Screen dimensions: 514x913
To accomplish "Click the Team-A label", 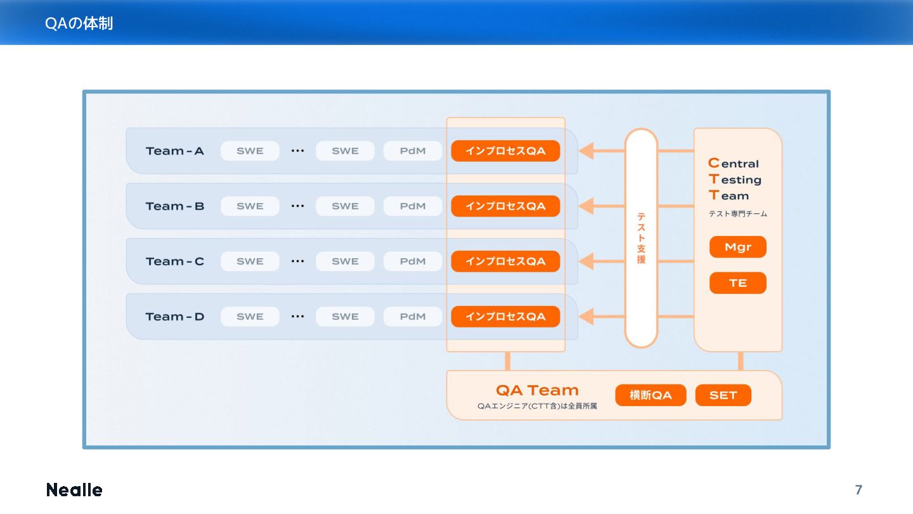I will (x=175, y=151).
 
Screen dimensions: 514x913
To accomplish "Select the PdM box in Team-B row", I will (x=413, y=206).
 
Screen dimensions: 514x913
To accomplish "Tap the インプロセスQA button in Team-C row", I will (x=505, y=261).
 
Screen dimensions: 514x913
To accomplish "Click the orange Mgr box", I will (x=737, y=247).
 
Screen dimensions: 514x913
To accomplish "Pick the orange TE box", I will (x=737, y=283).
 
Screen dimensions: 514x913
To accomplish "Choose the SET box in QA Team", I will (x=723, y=395).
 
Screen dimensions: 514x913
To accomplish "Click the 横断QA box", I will (x=651, y=395).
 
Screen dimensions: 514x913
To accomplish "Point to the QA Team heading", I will (x=537, y=390).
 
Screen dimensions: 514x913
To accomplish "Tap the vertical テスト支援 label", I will (x=641, y=239).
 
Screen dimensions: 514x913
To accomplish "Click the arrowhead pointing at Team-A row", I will (x=586, y=151).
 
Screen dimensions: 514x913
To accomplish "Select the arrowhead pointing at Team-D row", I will (x=586, y=317).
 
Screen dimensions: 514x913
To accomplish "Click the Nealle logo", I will (x=74, y=490).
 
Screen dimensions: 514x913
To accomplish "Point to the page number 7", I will (x=858, y=490).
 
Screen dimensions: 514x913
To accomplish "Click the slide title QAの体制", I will (x=79, y=23).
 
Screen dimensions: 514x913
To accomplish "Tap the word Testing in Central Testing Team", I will (x=735, y=180).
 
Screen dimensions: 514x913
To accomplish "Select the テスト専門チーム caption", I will (x=737, y=214).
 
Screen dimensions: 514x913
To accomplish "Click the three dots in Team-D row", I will (x=297, y=317).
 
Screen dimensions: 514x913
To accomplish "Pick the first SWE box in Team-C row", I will (x=250, y=261).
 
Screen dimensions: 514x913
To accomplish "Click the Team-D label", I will (x=175, y=317).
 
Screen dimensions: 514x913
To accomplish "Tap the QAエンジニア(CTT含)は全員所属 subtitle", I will (x=537, y=406).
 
